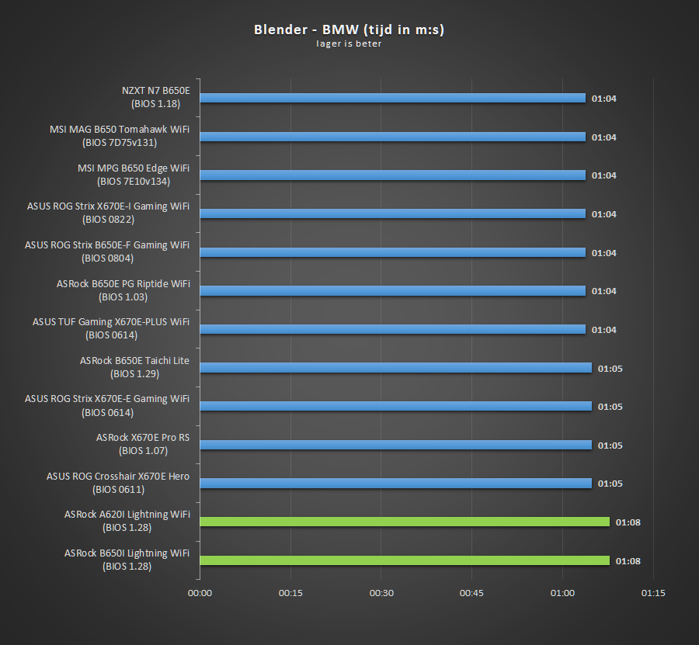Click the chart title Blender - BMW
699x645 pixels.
click(349, 29)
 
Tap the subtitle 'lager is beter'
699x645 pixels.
click(349, 43)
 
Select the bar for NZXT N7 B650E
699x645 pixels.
click(392, 98)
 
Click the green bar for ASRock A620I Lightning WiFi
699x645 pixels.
click(404, 522)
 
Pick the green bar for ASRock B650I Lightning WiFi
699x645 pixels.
click(404, 560)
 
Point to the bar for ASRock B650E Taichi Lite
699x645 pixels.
click(395, 368)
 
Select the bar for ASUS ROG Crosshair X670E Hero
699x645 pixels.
click(395, 484)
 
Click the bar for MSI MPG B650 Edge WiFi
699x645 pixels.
click(392, 175)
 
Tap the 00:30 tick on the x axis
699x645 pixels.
click(381, 593)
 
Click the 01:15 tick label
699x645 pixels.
click(653, 593)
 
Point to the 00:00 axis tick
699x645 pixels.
click(200, 593)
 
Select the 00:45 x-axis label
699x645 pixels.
click(471, 593)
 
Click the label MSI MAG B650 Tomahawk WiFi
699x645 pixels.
click(119, 130)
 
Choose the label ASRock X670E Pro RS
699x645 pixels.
click(142, 438)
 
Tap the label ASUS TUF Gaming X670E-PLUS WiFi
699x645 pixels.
click(111, 322)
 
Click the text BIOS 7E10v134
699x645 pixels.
click(134, 182)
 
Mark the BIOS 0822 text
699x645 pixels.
click(119, 220)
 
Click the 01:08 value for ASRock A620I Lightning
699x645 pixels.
click(628, 522)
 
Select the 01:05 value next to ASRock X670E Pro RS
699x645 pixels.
click(610, 446)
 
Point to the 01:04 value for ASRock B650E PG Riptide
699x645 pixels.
click(603, 291)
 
